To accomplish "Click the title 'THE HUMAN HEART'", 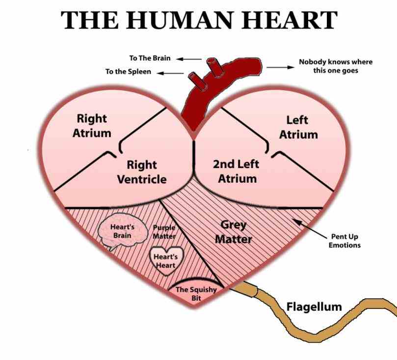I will [x=199, y=20].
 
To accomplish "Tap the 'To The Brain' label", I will [x=150, y=58].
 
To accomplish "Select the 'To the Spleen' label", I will [x=128, y=72].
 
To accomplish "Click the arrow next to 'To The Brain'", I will [x=189, y=58].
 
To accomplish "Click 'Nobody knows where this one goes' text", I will [x=335, y=66].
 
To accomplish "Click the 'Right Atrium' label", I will [x=92, y=126].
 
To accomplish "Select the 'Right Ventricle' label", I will [x=141, y=172].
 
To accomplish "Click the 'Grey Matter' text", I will [x=234, y=232].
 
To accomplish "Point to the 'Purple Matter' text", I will [x=164, y=232].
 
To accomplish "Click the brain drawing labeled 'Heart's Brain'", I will [x=123, y=231].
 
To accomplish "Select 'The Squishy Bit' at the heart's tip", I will [x=196, y=293].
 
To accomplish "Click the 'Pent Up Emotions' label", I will [x=344, y=241].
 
